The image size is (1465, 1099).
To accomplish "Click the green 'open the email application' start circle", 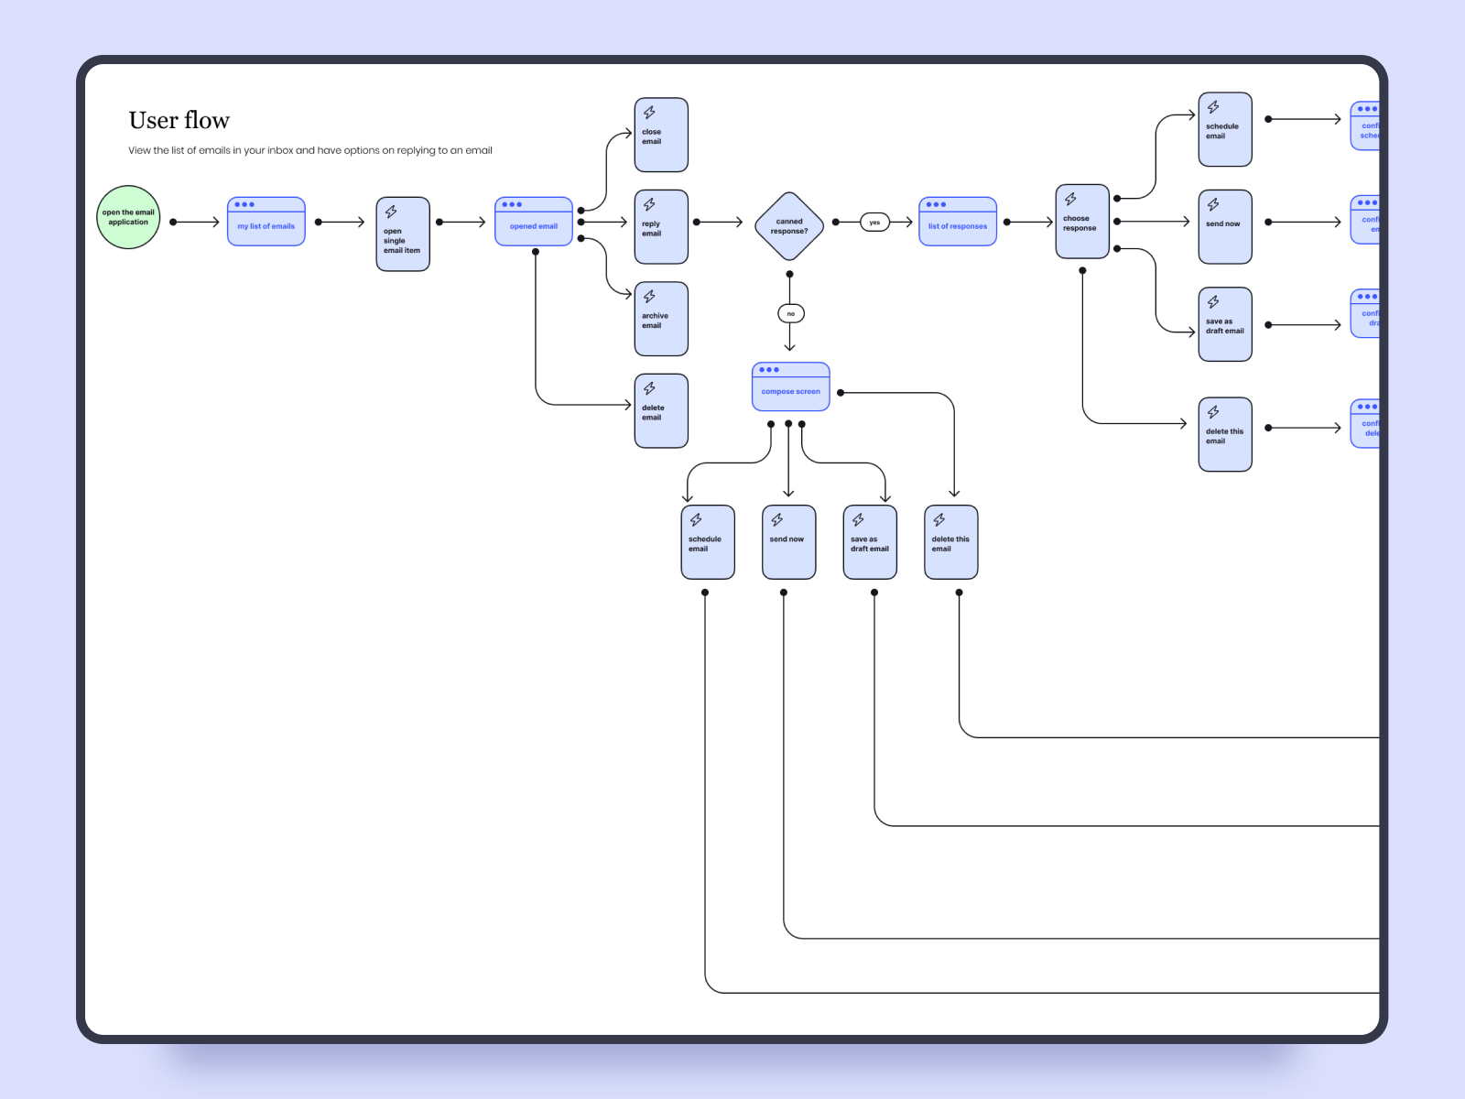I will pyautogui.click(x=128, y=217).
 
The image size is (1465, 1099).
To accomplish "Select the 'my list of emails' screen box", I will pyautogui.click(x=266, y=222).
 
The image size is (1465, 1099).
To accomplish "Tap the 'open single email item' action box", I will pyautogui.click(x=403, y=234).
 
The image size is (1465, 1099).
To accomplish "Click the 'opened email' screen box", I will pyautogui.click(x=534, y=222).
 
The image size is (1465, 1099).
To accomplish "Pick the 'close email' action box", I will pyautogui.click(x=661, y=135).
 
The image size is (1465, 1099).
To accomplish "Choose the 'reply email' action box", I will pyautogui.click(x=661, y=226).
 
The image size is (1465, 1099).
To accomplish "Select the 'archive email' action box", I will pyautogui.click(x=661, y=319).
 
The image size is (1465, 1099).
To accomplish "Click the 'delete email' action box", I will pyautogui.click(x=661, y=410).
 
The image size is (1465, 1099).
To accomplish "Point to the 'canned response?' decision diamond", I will pyautogui.click(x=789, y=225).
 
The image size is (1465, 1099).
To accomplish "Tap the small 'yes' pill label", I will pyautogui.click(x=874, y=223).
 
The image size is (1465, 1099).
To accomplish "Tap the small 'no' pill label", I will pyautogui.click(x=791, y=314).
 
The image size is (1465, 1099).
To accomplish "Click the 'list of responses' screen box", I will pyautogui.click(x=958, y=222).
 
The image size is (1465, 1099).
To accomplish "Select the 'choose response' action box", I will pyautogui.click(x=1082, y=222).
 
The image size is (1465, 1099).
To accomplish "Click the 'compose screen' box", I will pyautogui.click(x=791, y=386).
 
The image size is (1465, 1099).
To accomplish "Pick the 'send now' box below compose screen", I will pyautogui.click(x=788, y=542).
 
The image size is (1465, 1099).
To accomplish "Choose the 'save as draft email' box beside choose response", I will pyautogui.click(x=1225, y=324).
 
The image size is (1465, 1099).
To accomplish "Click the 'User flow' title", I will pyautogui.click(x=179, y=120).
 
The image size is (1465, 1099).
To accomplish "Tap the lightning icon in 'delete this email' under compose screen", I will pyautogui.click(x=939, y=520).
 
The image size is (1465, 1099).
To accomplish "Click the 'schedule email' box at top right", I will pyautogui.click(x=1225, y=129).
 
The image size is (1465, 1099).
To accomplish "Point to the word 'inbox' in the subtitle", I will pyautogui.click(x=280, y=150).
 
